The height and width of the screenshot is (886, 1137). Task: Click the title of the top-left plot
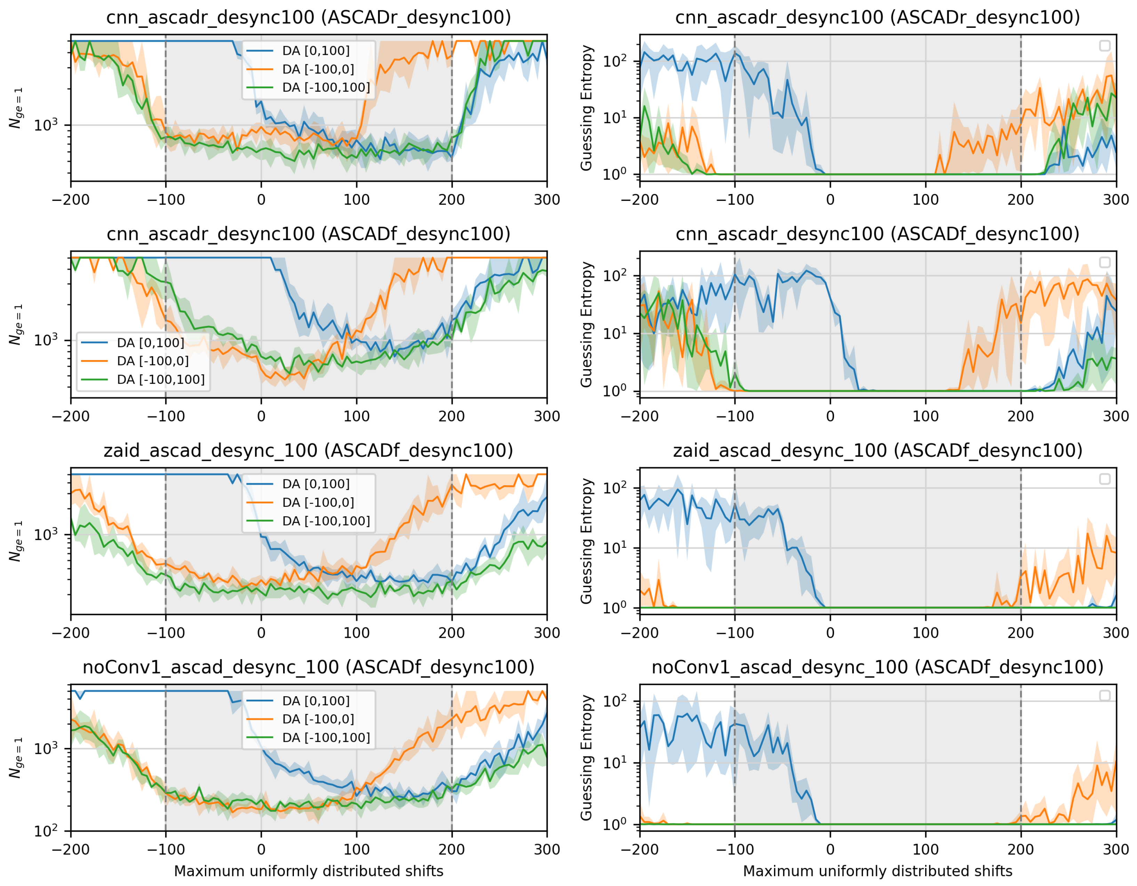click(x=308, y=17)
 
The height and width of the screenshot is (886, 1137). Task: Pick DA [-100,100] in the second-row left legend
click(x=160, y=379)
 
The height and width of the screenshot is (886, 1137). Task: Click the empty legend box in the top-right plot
click(x=1104, y=46)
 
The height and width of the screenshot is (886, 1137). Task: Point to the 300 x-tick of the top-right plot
click(x=1116, y=200)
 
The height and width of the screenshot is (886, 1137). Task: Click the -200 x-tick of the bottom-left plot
click(x=71, y=849)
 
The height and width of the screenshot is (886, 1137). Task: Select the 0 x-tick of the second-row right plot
click(x=830, y=416)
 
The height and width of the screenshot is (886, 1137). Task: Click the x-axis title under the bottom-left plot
click(x=308, y=871)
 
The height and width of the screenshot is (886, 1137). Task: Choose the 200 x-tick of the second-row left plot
click(x=451, y=416)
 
